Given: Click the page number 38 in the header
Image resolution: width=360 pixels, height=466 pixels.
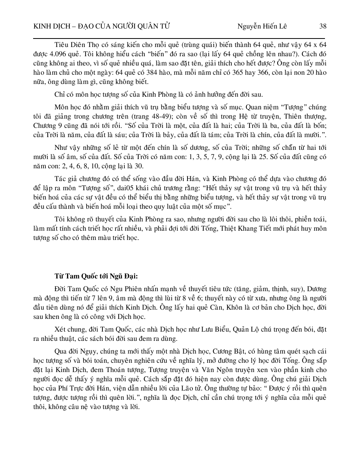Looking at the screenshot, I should [323, 26].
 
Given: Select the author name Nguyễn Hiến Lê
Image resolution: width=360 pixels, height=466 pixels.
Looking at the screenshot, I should [262, 26].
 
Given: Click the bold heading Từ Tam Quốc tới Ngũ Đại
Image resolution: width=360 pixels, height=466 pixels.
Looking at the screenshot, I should [96, 276].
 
